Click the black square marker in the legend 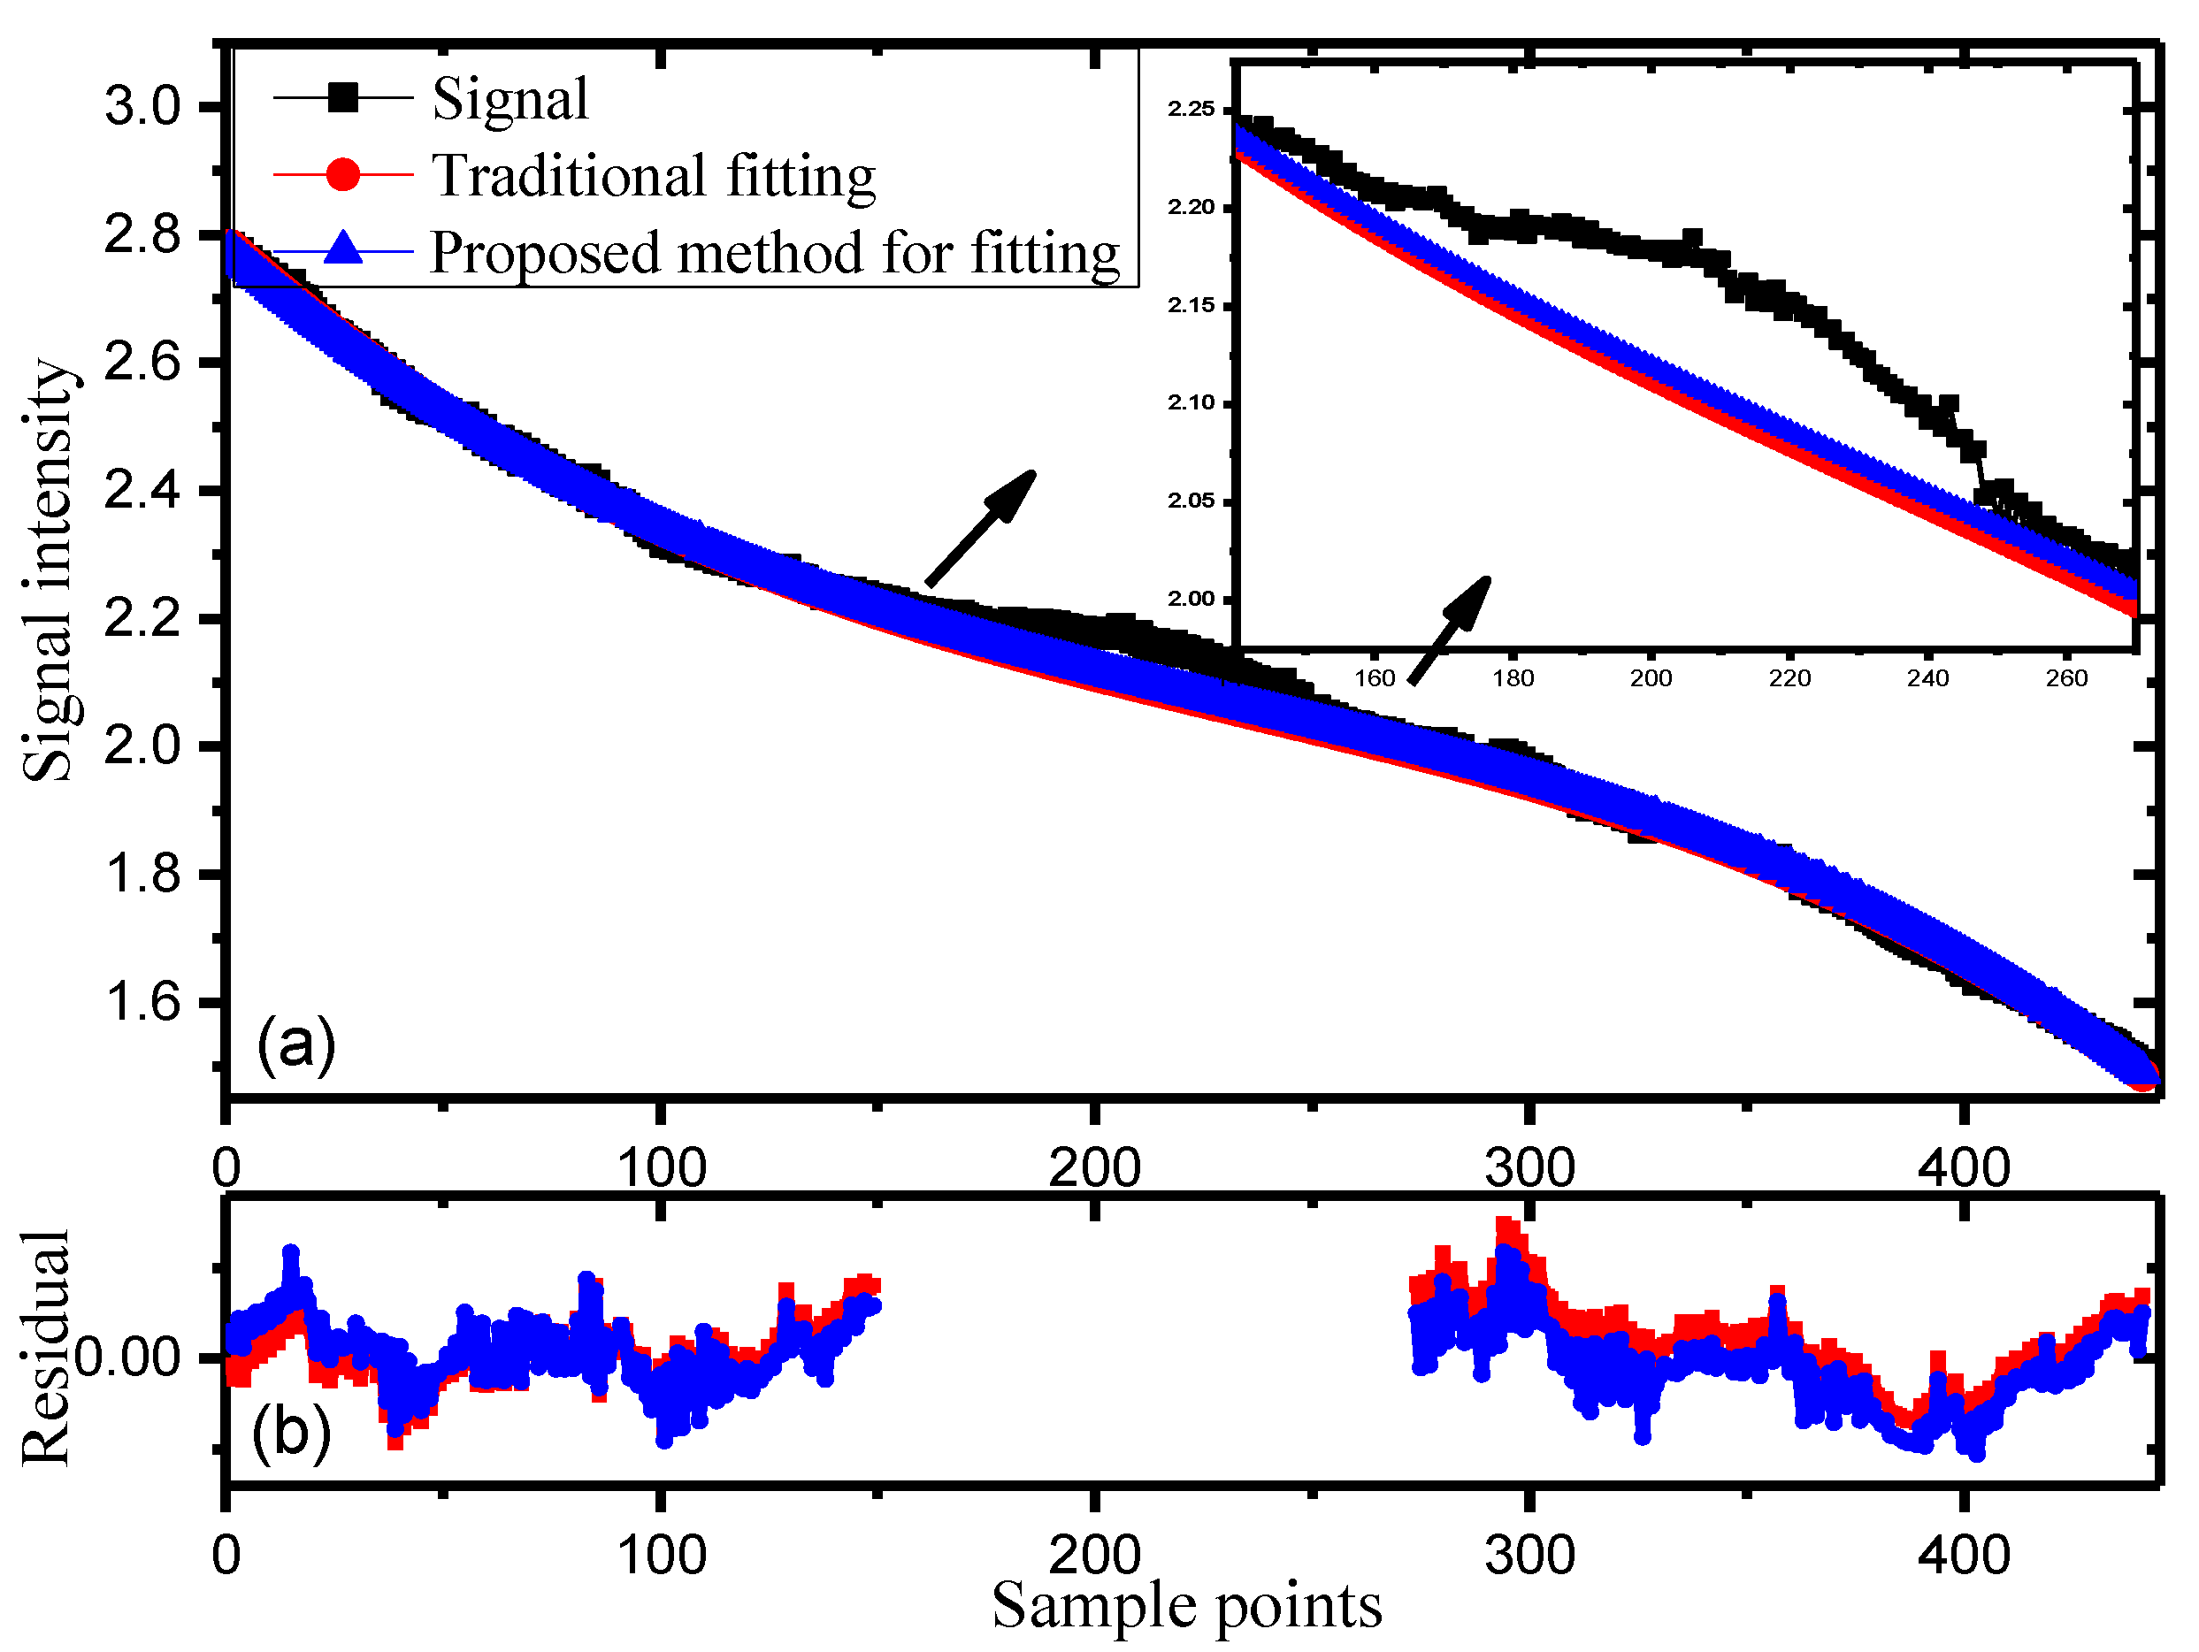tap(343, 97)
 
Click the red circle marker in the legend tap(343, 174)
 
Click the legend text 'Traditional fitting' tap(653, 176)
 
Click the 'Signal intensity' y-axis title tap(48, 570)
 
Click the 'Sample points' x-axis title tap(1186, 1604)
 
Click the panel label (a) tap(295, 1044)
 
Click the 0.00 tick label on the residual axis tap(127, 1358)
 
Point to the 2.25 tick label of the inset tap(1191, 110)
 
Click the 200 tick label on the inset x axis tap(1651, 678)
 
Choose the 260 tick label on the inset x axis tap(2065, 678)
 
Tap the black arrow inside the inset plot tap(1451, 631)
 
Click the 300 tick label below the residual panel tap(1529, 1556)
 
